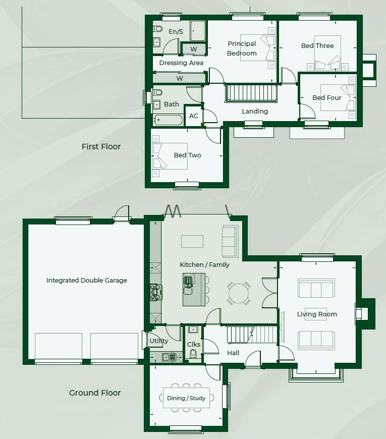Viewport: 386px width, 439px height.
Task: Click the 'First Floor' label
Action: pos(101,146)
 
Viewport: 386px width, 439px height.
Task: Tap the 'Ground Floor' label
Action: pos(95,393)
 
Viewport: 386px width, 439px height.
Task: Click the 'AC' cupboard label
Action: pos(194,116)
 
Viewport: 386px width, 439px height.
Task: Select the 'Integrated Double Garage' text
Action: pos(86,280)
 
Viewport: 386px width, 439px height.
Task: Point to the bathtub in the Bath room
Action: pos(168,120)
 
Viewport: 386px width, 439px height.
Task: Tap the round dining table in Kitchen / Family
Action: pos(239,293)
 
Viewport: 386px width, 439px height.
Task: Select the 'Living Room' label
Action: pos(317,314)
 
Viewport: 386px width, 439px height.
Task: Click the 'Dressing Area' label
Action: pos(181,63)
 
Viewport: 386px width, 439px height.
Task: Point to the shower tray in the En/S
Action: pos(198,31)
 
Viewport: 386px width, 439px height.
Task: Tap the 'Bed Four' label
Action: pos(326,97)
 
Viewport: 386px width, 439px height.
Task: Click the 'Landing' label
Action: pos(255,112)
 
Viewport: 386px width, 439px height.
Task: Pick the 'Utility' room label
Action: pos(159,341)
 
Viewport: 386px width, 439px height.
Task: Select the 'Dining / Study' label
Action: pos(186,398)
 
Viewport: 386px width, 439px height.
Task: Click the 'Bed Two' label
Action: pos(187,155)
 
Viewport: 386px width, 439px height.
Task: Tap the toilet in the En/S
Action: pos(158,29)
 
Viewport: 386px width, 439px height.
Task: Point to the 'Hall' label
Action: pos(233,353)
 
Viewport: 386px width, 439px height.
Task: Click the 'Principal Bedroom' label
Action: pos(242,48)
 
